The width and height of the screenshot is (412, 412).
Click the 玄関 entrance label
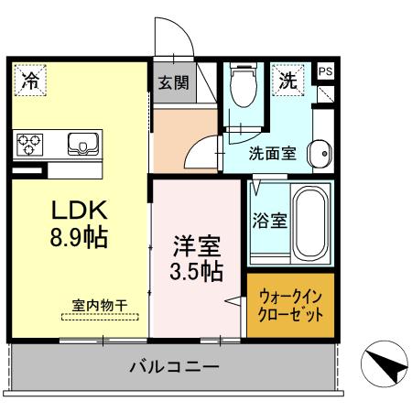point(172,82)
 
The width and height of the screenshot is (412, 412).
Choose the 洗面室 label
point(272,153)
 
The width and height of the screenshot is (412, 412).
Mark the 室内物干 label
point(100,305)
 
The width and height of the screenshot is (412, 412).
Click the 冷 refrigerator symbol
point(30,79)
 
